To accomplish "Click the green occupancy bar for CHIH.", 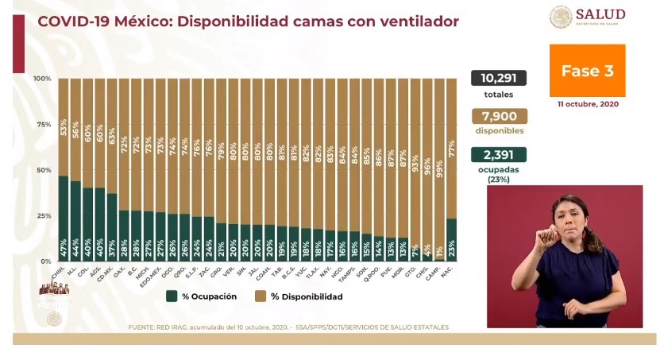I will coord(64,218).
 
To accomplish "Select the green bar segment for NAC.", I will coord(451,239).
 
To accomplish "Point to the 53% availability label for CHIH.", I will coord(64,127).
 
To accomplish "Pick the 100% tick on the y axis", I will coord(43,79).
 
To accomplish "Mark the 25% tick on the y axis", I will coord(44,216).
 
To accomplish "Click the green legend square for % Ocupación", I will coord(171,296).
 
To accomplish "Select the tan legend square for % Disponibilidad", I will coord(259,296).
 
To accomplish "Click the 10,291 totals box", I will coord(498,78).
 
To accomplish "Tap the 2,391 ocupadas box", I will coord(498,155).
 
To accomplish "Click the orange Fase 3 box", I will coord(587,71).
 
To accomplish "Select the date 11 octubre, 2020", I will coord(587,104).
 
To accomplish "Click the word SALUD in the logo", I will coord(600,14).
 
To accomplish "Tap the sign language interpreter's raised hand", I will coord(546,235).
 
